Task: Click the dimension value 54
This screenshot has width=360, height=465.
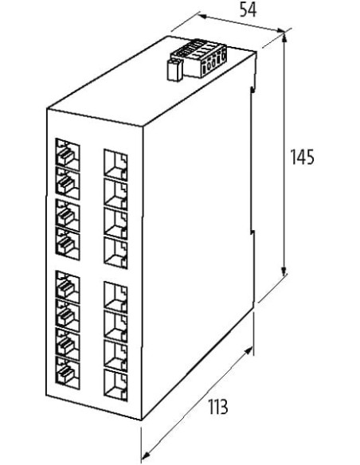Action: click(248, 10)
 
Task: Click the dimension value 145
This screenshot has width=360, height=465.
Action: click(302, 157)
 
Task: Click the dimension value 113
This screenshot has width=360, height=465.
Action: click(218, 407)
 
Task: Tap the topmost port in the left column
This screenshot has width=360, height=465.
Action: click(68, 154)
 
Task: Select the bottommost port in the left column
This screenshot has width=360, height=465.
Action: click(68, 373)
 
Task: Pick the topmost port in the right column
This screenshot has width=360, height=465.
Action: click(115, 165)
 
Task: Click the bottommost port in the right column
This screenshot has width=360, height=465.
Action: click(115, 385)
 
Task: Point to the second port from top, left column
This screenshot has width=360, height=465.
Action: click(68, 183)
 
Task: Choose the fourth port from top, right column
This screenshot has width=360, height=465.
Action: click(115, 252)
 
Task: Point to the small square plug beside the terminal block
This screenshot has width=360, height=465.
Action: click(175, 70)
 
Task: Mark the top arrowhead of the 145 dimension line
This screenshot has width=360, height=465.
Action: click(284, 38)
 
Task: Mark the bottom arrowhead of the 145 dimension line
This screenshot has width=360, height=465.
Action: click(284, 271)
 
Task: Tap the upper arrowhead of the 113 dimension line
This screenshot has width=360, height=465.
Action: click(248, 351)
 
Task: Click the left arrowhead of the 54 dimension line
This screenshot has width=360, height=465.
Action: click(202, 16)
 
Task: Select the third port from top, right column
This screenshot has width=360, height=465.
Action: click(115, 223)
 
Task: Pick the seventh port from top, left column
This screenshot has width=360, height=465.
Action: click(68, 344)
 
